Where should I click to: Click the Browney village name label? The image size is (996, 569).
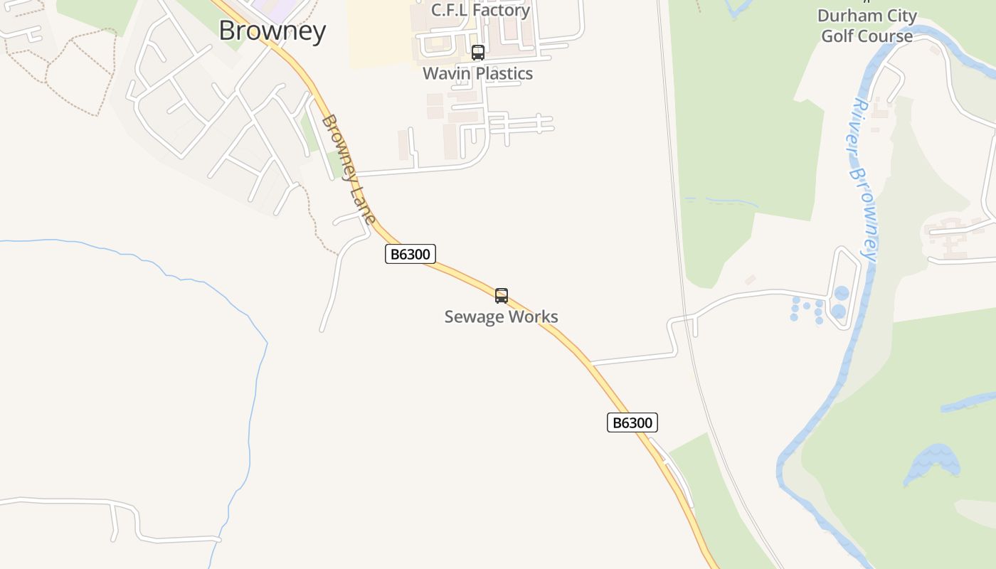pyautogui.click(x=272, y=31)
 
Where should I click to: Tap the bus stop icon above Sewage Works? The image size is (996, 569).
pyautogui.click(x=502, y=296)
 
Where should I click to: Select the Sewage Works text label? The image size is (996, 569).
pyautogui.click(x=501, y=317)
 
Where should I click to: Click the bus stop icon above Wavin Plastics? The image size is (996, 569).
pyautogui.click(x=478, y=53)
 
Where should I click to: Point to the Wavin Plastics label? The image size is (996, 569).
pyautogui.click(x=477, y=73)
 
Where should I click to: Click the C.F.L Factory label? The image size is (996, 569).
pyautogui.click(x=480, y=10)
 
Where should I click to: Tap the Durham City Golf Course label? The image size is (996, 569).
pyautogui.click(x=867, y=26)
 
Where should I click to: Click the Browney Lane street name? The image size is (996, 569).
pyautogui.click(x=348, y=169)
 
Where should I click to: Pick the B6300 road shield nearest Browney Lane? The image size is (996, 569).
pyautogui.click(x=410, y=254)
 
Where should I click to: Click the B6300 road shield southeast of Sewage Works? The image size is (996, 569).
pyautogui.click(x=632, y=422)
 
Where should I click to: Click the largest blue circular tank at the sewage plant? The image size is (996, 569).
pyautogui.click(x=839, y=311)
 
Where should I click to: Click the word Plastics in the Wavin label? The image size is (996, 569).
pyautogui.click(x=503, y=73)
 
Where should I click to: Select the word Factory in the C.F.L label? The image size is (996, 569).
pyautogui.click(x=504, y=10)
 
